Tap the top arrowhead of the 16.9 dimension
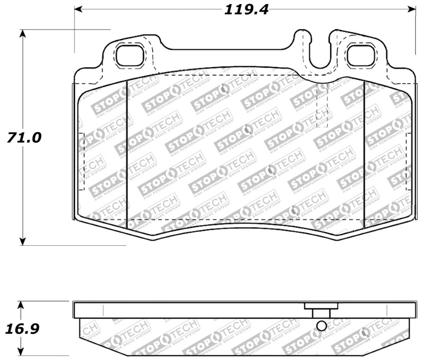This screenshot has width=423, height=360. coord(21,305)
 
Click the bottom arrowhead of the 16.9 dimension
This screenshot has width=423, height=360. coord(21,353)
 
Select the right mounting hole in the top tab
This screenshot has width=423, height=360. coord(360,56)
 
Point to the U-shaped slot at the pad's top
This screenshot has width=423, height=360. coord(318,56)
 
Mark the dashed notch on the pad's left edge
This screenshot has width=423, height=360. coord(81,161)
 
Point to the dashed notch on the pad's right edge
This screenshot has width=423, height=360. coord(408,161)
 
